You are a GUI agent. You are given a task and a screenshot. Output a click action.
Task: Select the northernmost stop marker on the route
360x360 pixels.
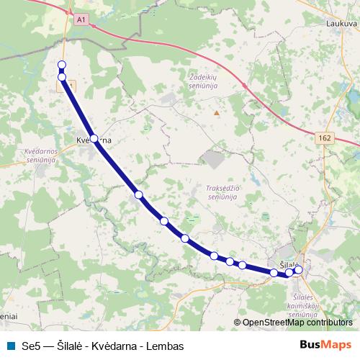62,66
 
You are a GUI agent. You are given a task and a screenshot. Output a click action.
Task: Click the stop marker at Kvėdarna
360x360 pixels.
94,138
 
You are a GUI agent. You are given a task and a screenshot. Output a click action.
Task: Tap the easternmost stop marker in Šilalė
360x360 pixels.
299,270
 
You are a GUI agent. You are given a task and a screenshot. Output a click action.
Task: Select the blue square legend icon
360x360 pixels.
9,346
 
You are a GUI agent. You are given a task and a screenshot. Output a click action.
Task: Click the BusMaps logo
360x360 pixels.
325,346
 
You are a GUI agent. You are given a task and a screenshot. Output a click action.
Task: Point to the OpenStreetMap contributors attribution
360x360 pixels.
297,323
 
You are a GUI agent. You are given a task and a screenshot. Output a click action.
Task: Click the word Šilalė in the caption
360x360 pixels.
72,346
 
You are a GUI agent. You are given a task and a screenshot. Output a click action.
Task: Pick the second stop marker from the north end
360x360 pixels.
62,77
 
